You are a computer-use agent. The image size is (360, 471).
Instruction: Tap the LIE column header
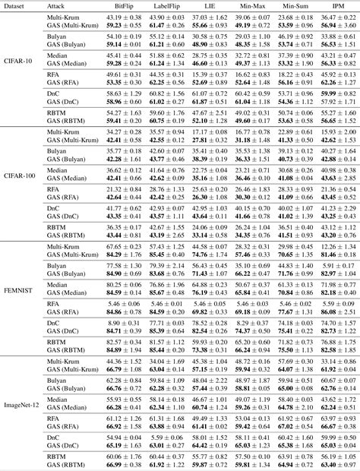pyautogui.click(x=207, y=5)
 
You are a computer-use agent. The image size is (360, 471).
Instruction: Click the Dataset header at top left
pyautogui.click(x=17, y=5)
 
